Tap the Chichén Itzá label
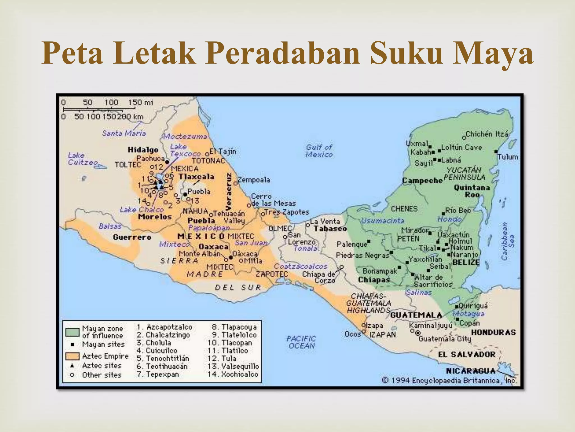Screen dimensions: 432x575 click(x=487, y=134)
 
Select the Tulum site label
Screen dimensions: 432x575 click(x=508, y=157)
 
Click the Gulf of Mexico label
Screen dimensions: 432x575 click(x=319, y=151)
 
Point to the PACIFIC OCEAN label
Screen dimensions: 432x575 click(x=301, y=342)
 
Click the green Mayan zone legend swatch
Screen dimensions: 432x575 click(x=72, y=332)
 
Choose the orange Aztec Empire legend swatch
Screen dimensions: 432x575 click(x=72, y=356)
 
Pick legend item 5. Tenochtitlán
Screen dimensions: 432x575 click(x=163, y=359)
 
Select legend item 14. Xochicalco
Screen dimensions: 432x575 click(x=233, y=374)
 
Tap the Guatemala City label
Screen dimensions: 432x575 click(x=445, y=339)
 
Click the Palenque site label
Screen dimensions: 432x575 click(x=352, y=244)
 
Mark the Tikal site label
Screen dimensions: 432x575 click(x=427, y=248)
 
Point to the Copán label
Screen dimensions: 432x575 click(x=469, y=323)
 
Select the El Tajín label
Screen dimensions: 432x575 click(x=223, y=152)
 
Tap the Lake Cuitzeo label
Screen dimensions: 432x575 click(x=83, y=159)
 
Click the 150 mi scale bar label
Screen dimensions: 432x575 click(x=140, y=103)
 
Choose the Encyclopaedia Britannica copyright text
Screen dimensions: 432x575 click(x=449, y=381)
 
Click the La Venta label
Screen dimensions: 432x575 click(x=325, y=222)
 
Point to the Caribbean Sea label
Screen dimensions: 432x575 click(x=508, y=241)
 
